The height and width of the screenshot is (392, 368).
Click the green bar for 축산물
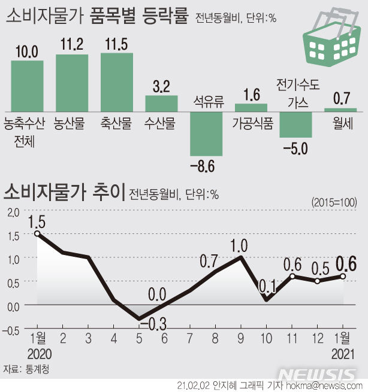coord(116,82)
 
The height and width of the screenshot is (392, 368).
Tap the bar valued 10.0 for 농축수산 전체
coord(27,86)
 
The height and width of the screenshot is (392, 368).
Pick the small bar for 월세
coord(340,110)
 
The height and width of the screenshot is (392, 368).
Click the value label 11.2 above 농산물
coord(72,43)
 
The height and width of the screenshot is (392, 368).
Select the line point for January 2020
coord(37,233)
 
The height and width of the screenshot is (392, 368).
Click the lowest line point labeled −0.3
coord(139,318)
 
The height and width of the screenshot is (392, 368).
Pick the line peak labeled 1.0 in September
coord(241,257)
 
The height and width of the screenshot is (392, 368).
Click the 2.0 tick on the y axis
coord(12,211)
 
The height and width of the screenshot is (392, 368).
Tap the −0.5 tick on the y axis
coord(11,328)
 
